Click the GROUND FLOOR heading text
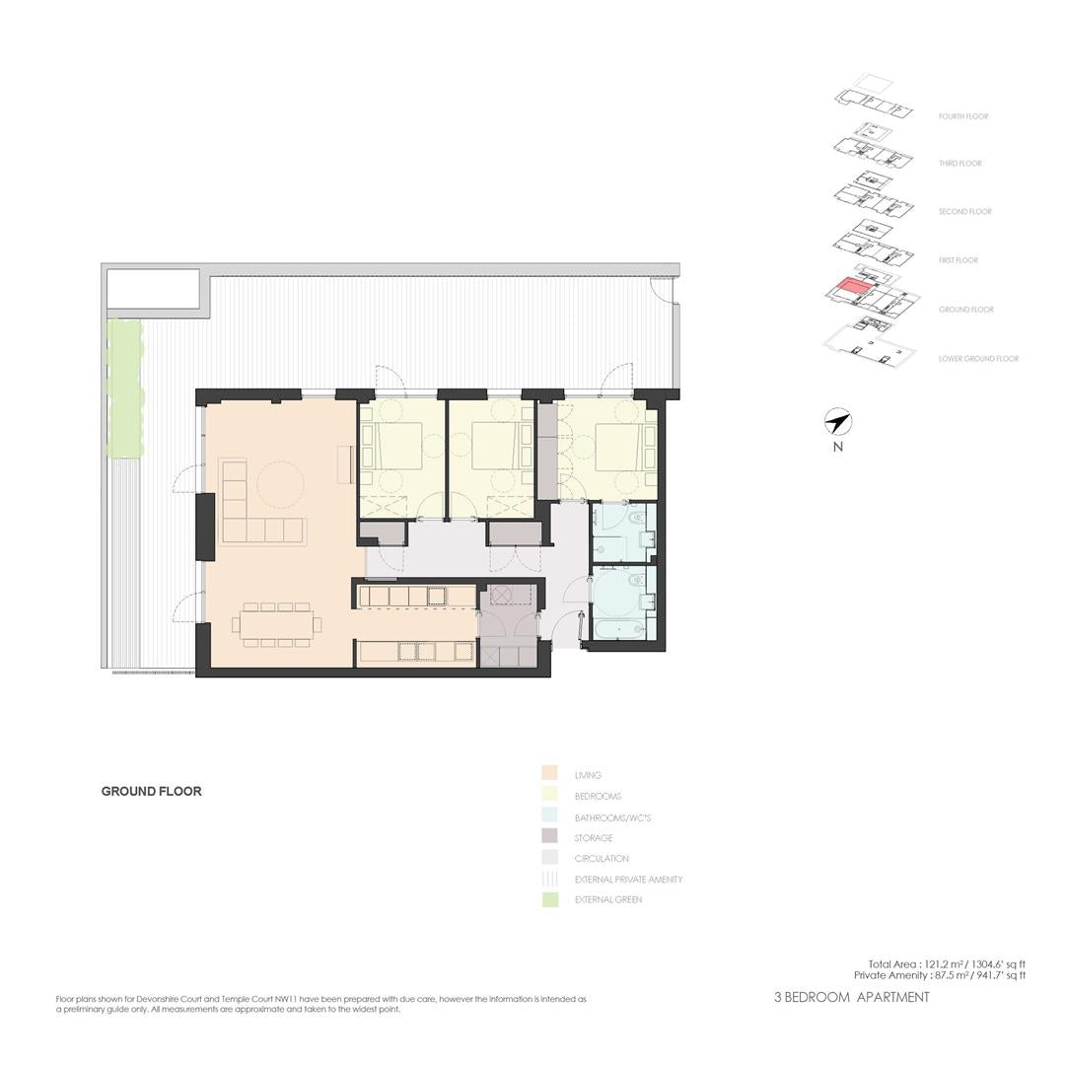pos(152,791)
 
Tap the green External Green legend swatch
pos(550,900)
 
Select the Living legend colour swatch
pos(550,774)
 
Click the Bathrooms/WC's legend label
pos(612,817)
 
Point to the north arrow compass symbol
pos(838,422)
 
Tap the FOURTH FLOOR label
pos(963,116)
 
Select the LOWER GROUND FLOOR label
pos(979,359)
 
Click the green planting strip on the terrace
pos(125,390)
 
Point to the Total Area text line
pos(947,964)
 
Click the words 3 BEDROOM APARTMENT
pos(852,997)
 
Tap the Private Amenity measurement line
pos(940,975)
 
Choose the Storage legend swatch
pos(550,837)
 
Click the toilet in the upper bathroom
pos(635,519)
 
